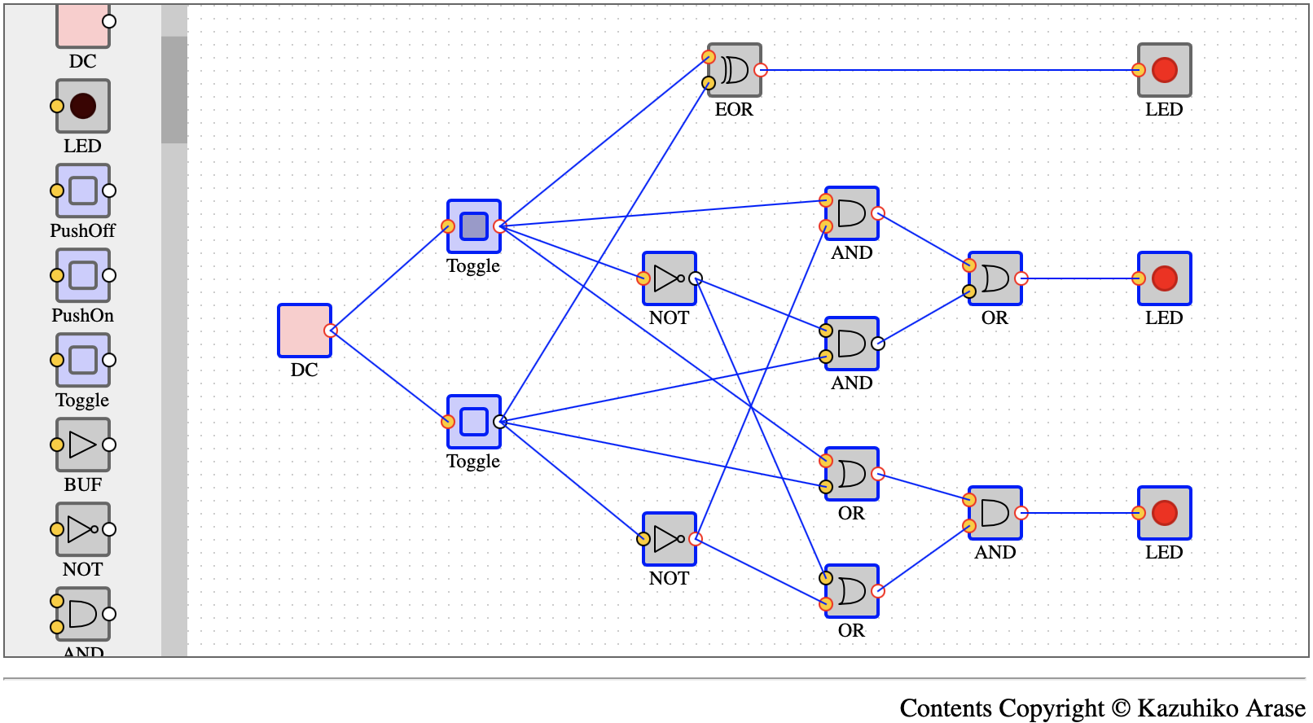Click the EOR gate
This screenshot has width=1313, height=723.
(735, 70)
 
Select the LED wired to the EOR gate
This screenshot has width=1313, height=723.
(1164, 70)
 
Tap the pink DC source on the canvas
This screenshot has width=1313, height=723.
(304, 331)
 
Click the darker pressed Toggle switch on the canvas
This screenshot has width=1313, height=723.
(473, 226)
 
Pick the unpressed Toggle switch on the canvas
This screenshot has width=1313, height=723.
(473, 422)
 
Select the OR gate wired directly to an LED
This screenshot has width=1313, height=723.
(995, 278)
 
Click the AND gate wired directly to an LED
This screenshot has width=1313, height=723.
(995, 513)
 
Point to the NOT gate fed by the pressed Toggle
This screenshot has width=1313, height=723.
(669, 278)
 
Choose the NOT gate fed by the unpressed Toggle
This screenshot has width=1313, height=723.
(669, 539)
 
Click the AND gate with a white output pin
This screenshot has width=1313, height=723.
(852, 344)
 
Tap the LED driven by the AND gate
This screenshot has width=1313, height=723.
(1164, 513)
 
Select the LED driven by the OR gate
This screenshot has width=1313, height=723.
(1164, 278)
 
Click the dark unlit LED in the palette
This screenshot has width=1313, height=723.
(82, 106)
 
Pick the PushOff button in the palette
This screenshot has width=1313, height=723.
(82, 191)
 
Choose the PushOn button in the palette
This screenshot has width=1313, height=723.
(82, 275)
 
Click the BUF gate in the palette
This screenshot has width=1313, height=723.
(82, 445)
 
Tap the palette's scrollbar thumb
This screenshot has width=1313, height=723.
(174, 90)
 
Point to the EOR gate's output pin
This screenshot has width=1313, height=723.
(761, 70)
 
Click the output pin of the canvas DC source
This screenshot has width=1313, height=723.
(331, 331)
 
